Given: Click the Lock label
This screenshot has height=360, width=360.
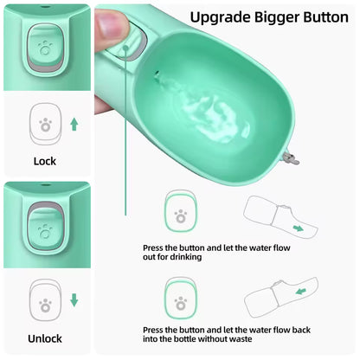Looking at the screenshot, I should coord(44,161).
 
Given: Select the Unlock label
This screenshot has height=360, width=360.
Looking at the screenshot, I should coord(44,338).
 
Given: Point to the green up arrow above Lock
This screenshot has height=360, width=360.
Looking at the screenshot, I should coord(74,125).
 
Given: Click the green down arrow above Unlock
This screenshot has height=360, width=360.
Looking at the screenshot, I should coord(74,300).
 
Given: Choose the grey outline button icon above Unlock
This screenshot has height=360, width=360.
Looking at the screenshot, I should coord(44,300).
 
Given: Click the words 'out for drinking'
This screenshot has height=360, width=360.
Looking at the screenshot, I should coord(172,257).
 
